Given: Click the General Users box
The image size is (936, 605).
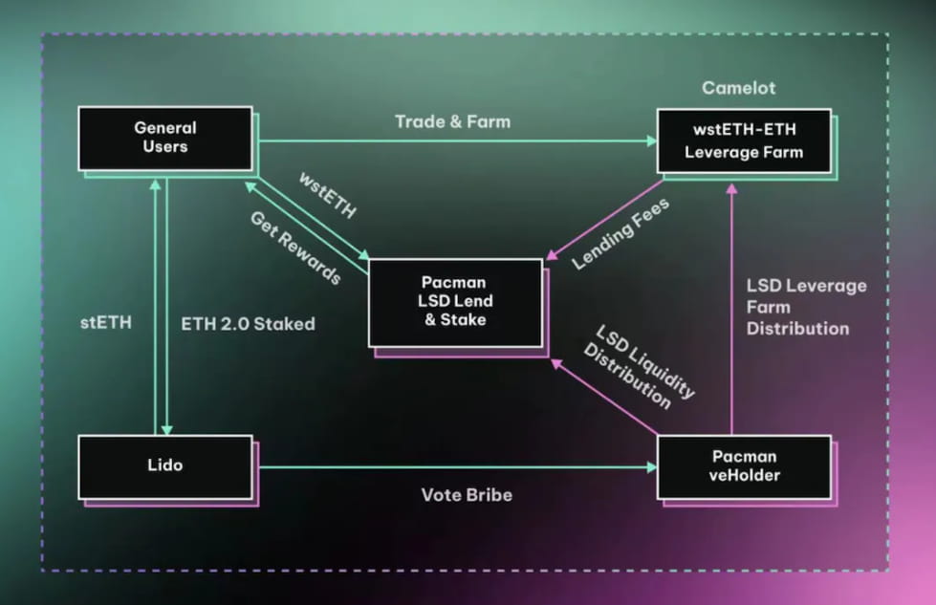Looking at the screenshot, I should (164, 139).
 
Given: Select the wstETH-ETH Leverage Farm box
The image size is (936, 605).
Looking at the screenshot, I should (743, 140).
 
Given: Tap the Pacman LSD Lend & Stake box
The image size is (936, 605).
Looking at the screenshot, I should (454, 302).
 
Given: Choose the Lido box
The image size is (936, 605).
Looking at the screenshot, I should (164, 466).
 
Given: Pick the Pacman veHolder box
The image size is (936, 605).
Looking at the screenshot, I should (743, 466).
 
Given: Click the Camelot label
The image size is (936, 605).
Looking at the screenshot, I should (738, 88).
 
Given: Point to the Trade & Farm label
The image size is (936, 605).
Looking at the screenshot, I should (452, 121).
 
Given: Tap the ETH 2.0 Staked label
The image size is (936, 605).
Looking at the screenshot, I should (248, 323).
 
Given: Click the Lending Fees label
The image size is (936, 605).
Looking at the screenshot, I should (620, 233).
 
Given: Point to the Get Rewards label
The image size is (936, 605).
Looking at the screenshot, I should (295, 248).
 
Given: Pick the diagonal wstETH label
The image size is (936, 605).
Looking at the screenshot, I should (326, 195).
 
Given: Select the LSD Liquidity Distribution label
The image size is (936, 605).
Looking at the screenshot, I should (638, 367).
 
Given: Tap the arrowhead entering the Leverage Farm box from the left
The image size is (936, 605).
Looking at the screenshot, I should (651, 140).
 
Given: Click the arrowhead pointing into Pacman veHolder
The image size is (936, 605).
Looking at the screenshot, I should (652, 467).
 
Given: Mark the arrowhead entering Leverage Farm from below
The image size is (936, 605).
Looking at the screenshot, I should (732, 189).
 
